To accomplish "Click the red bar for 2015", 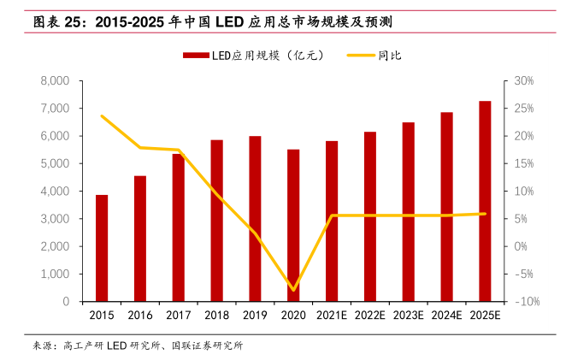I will (x=102, y=248).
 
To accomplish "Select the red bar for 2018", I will (x=217, y=221).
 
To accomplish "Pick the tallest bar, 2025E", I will (x=485, y=201).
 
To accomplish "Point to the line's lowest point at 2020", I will (x=293, y=290).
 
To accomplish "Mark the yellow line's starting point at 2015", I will (x=102, y=115).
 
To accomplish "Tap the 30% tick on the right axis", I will (x=523, y=81).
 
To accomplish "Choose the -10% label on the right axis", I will (x=523, y=302).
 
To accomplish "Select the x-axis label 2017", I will (x=179, y=316).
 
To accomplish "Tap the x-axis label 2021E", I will (x=332, y=316).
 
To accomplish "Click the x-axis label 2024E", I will (x=446, y=316).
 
